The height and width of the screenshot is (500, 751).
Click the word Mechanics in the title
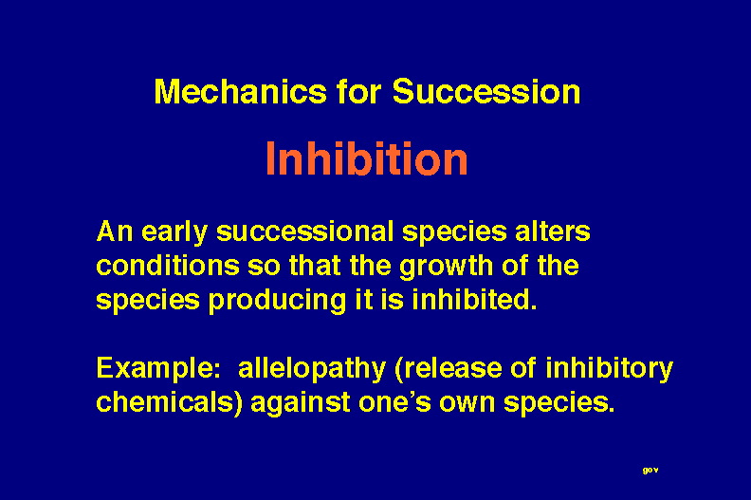(240, 91)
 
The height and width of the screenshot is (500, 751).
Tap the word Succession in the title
(486, 91)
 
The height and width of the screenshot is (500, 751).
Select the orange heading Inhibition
(366, 158)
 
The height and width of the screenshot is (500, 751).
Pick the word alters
(552, 231)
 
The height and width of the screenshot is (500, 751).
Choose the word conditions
(168, 266)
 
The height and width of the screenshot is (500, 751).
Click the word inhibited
(474, 300)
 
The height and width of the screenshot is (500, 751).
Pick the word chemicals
(166, 401)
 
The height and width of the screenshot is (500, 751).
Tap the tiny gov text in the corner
(650, 471)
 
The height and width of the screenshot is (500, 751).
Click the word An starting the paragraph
(115, 231)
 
